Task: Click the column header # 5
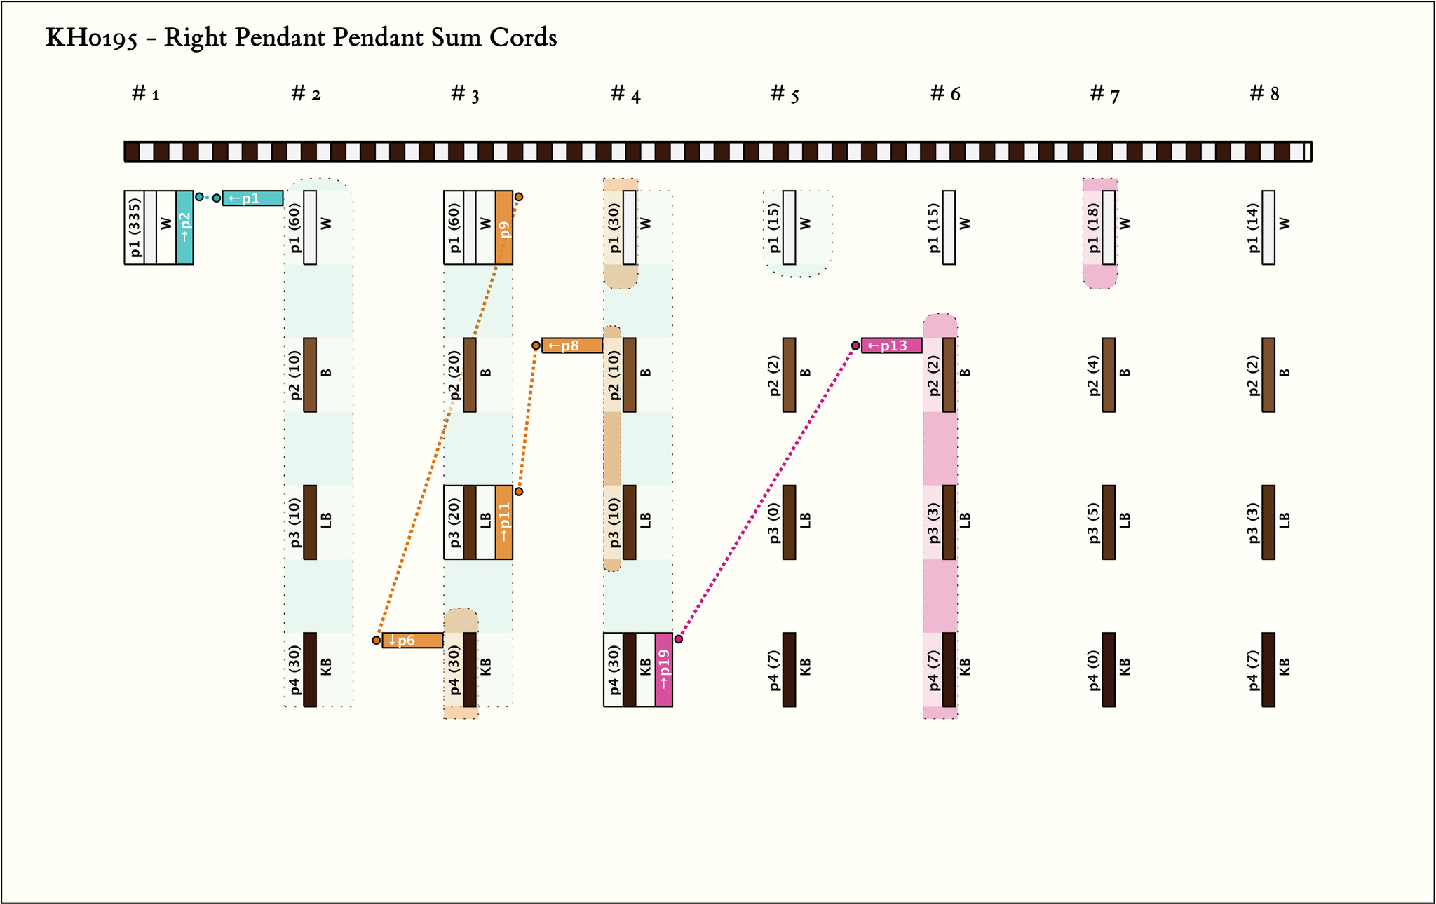coord(785,94)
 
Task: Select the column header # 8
coord(1264,94)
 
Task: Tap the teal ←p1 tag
coord(252,198)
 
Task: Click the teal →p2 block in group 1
coord(184,227)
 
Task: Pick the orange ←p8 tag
coord(571,345)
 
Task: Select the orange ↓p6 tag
coord(412,641)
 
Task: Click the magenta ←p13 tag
coord(891,345)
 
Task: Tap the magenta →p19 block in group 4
coord(664,669)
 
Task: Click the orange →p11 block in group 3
coord(504,522)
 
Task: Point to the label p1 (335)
coord(135,227)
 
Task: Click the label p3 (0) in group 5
coord(773,522)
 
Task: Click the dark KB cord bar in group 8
coord(1268,669)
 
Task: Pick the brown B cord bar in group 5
coord(789,375)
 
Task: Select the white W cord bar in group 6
coord(949,227)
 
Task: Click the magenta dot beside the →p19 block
coord(679,638)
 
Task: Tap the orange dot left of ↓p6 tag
coord(377,641)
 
